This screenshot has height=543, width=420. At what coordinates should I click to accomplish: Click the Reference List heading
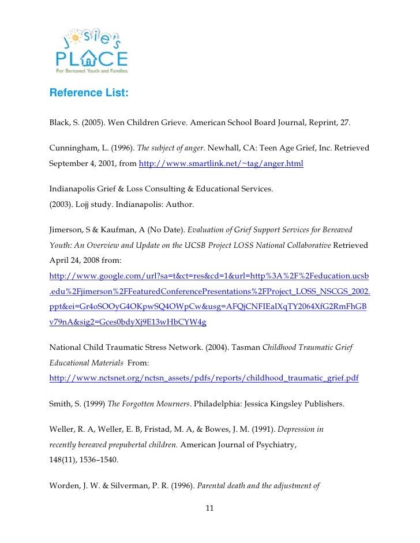coord(89,93)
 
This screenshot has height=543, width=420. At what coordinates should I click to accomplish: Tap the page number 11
coord(209,508)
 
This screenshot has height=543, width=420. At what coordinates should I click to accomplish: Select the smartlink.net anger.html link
coord(221,164)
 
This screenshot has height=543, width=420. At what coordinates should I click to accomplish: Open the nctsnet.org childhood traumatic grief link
coord(204,378)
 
